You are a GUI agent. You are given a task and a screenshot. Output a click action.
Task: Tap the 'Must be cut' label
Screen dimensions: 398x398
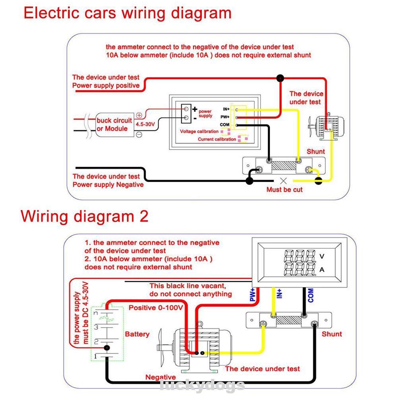click(x=284, y=190)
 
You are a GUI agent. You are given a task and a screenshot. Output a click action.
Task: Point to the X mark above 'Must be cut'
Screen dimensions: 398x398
click(x=283, y=180)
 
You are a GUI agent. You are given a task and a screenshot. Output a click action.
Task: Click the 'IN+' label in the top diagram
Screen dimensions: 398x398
click(x=226, y=109)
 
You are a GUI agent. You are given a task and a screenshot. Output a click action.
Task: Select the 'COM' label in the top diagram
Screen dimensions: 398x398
click(x=225, y=125)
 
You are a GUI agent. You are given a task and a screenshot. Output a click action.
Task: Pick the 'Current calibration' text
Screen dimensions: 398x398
click(x=217, y=140)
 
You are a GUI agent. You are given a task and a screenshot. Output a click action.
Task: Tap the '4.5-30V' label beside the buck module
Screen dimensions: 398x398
click(x=145, y=124)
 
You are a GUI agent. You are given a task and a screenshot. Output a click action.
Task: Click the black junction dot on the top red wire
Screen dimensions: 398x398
click(x=280, y=78)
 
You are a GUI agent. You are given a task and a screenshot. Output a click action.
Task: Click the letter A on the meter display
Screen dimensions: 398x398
click(x=322, y=270)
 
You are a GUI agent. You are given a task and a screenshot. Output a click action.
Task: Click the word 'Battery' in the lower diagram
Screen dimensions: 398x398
click(x=137, y=334)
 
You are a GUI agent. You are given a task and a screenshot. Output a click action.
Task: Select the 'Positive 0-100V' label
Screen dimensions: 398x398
click(x=155, y=308)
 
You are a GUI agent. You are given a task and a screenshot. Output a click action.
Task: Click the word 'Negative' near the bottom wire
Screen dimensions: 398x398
click(x=160, y=377)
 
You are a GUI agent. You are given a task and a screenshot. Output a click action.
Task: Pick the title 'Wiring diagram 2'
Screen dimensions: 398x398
click(x=85, y=216)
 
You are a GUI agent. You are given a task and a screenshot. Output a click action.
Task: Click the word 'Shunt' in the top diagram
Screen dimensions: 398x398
click(x=316, y=151)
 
